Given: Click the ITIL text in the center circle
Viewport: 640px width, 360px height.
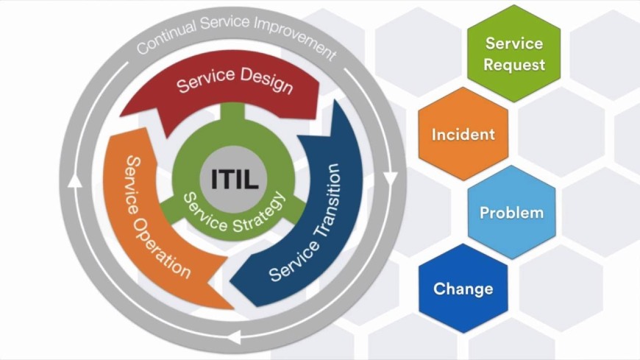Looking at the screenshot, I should [234, 180].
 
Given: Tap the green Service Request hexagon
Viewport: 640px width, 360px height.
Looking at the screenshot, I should [514, 53].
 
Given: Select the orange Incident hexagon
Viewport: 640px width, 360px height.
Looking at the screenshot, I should [463, 135].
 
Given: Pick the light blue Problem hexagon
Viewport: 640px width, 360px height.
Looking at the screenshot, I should [511, 213].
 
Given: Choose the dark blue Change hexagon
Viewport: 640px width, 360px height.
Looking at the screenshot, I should [463, 289].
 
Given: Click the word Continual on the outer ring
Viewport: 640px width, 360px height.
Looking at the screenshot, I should [166, 38].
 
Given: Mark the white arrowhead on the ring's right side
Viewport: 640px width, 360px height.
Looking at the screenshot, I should [391, 179].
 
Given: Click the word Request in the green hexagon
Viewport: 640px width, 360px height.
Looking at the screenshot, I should [514, 64].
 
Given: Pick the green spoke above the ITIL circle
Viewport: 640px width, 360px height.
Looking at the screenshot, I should [234, 118].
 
